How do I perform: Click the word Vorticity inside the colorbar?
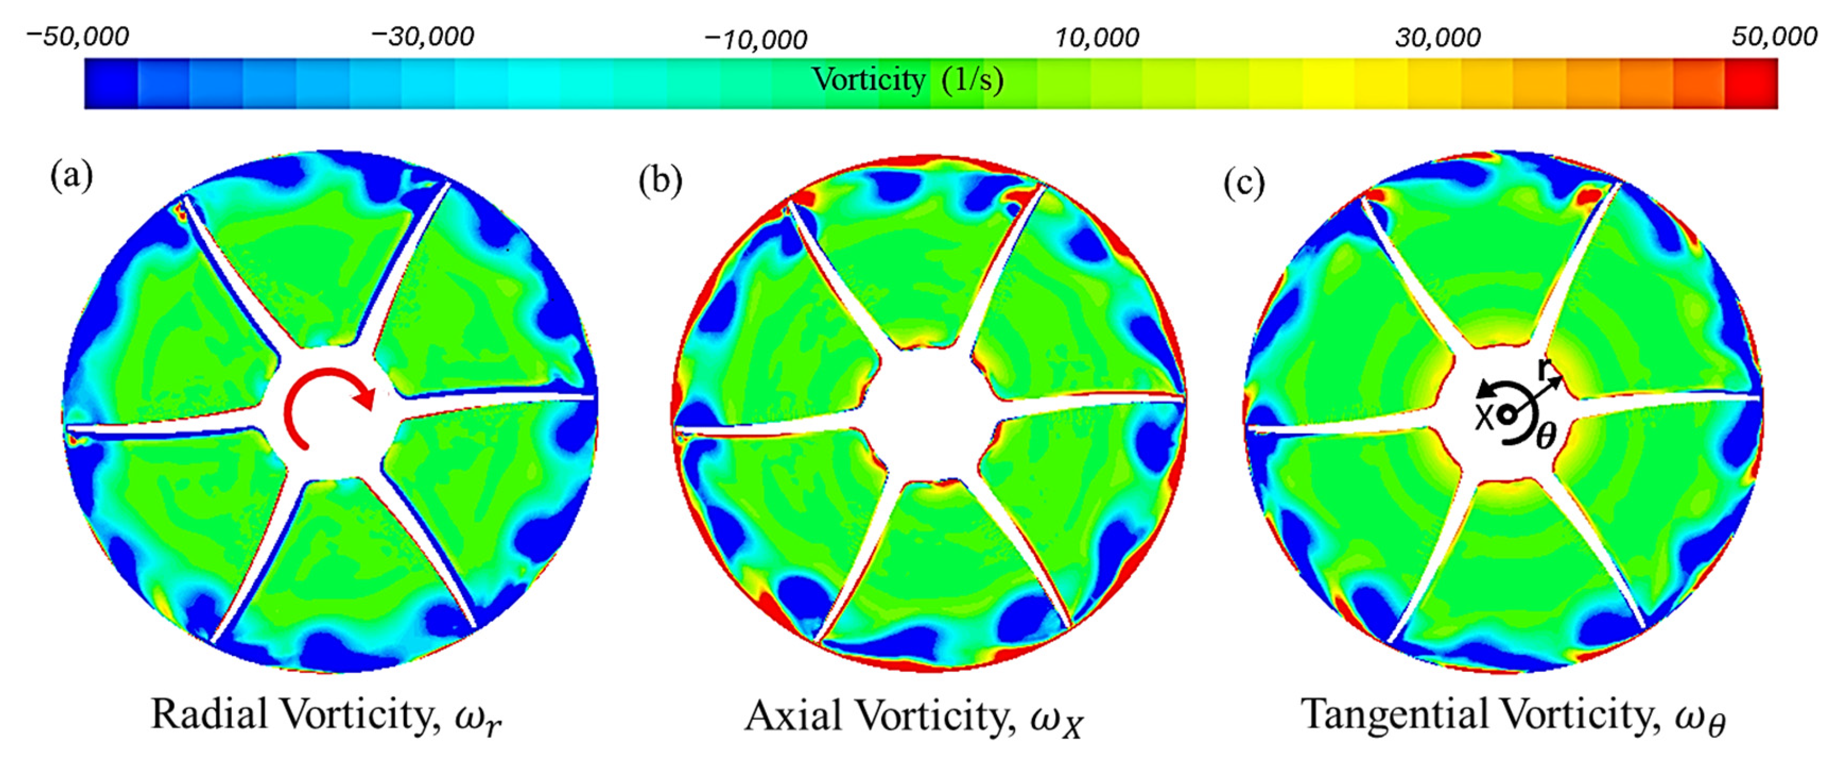tap(868, 80)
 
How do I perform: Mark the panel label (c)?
tap(1244, 183)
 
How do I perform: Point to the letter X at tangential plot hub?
tap(1484, 418)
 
